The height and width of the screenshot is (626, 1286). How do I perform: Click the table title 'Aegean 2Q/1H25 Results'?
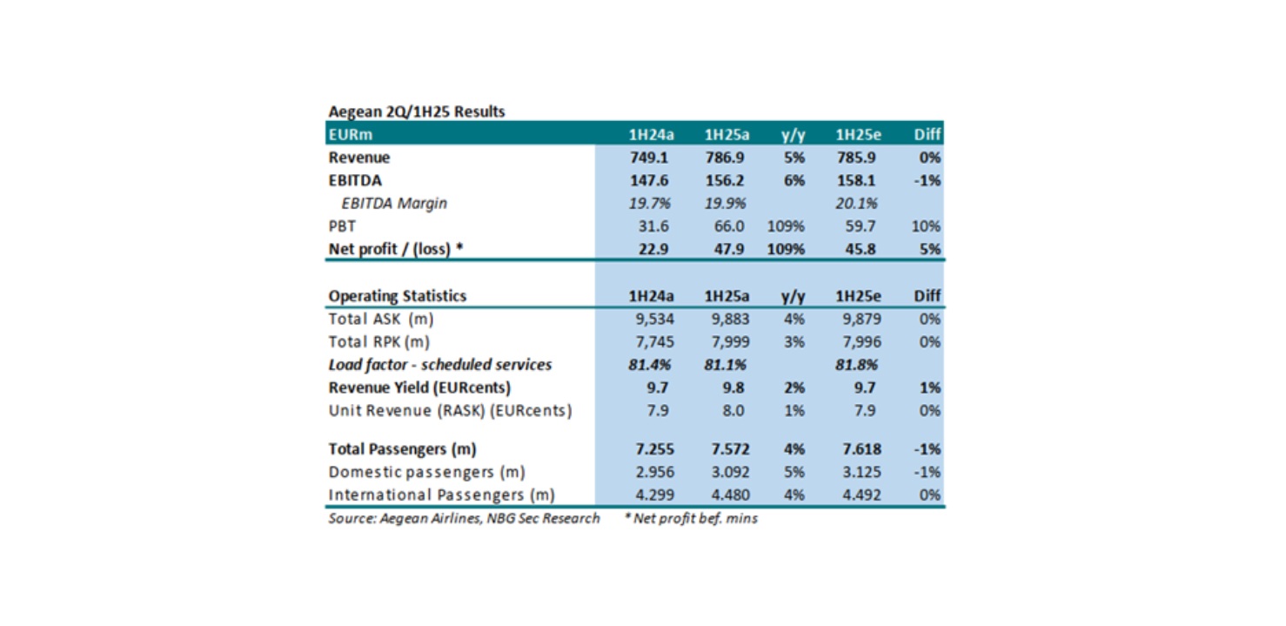pos(416,111)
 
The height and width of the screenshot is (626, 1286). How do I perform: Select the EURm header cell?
pos(350,134)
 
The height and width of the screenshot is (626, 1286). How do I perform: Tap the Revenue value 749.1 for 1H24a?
pos(649,158)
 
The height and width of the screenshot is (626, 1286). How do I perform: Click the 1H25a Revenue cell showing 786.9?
pos(725,158)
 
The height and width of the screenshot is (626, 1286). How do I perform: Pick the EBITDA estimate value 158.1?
pos(856,180)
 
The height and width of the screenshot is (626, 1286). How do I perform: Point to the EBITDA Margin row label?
pos(394,204)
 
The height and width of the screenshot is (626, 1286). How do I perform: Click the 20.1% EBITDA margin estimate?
pos(856,204)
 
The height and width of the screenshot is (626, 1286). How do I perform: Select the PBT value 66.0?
pos(728,226)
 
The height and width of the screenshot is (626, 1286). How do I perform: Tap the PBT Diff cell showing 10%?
pos(926,226)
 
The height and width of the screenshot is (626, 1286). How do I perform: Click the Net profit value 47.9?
pos(728,249)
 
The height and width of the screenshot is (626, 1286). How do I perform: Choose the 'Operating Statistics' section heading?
pos(398,296)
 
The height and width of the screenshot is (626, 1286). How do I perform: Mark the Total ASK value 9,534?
pos(654,319)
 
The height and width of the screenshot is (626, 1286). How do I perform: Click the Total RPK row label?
pos(378,341)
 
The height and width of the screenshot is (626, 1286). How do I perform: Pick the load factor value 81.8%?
pos(856,365)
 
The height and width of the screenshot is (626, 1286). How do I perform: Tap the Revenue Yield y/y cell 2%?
pos(794,387)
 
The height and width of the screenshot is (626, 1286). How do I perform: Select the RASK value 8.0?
pos(733,411)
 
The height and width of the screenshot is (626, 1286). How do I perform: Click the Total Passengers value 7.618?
pos(861,449)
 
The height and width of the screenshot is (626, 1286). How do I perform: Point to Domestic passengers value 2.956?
pos(654,472)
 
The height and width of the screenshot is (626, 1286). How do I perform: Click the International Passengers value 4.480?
pos(730,495)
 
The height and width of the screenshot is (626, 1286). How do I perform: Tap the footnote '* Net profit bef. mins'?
pos(691,519)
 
